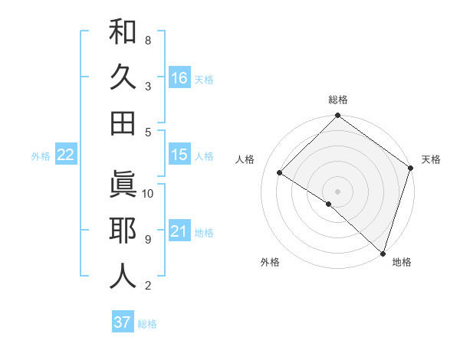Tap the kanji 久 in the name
coord(123,77)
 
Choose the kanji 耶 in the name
coord(123,231)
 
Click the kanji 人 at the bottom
coord(123,276)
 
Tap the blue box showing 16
coord(179,77)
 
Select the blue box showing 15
coord(179,155)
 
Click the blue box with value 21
coord(179,231)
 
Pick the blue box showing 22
coord(65,155)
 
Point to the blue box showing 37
coord(122,322)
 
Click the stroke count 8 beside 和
coord(147,40)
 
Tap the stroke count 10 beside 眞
coord(149,193)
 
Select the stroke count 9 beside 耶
coord(147,240)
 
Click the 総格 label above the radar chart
coord(338,100)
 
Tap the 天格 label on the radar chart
coord(432,159)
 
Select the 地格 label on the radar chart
coord(402,262)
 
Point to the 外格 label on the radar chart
coord(270,262)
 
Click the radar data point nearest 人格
coord(280,173)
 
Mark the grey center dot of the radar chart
coord(337,191)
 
